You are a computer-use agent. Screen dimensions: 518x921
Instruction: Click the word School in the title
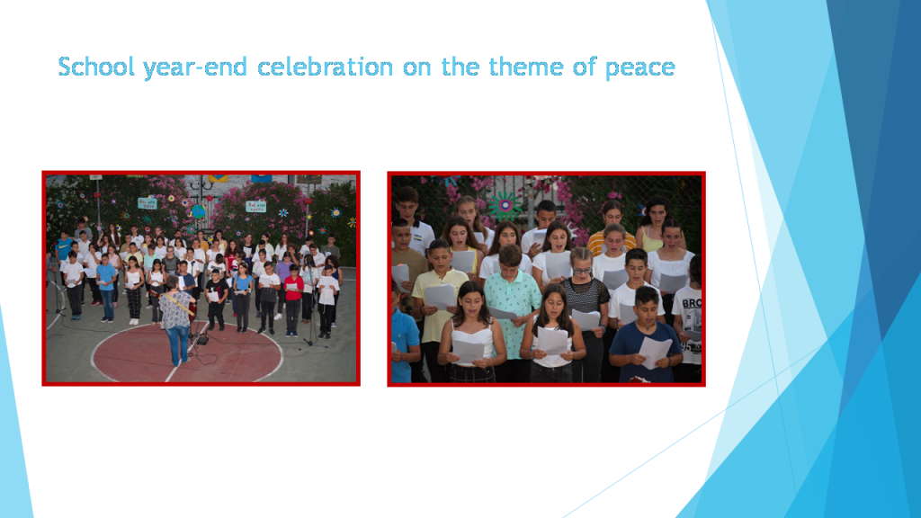tap(97, 67)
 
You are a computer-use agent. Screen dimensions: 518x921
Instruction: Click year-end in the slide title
tap(197, 67)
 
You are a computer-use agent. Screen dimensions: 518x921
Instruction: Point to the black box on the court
tap(202, 339)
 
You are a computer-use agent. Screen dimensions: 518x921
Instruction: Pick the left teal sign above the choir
tap(147, 202)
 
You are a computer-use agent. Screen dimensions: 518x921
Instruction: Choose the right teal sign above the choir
tap(255, 206)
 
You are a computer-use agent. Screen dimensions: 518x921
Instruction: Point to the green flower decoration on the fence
tap(505, 205)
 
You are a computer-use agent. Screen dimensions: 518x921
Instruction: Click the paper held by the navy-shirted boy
tap(655, 351)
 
